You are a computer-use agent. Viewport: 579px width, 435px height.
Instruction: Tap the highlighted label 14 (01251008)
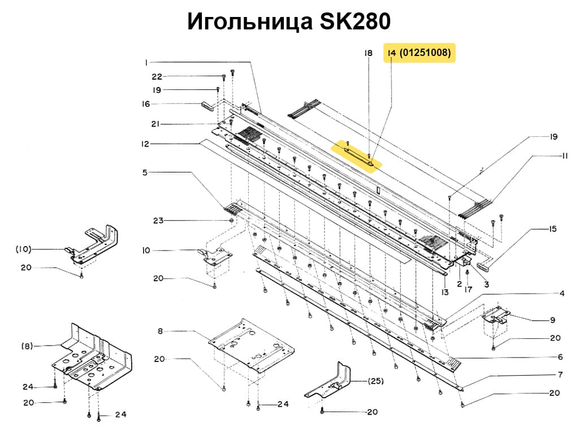coord(419,53)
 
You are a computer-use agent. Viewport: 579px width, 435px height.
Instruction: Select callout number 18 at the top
coord(368,53)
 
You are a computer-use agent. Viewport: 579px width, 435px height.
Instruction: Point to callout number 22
coord(157,76)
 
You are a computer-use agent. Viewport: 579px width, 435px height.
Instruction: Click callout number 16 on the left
coord(146,104)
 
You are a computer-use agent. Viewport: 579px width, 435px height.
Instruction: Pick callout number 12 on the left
coord(146,144)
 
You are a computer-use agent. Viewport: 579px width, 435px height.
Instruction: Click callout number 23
coord(157,220)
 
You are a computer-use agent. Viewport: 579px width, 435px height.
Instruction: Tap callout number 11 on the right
coord(564,156)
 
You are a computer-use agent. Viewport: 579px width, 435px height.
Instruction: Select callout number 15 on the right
coord(552,229)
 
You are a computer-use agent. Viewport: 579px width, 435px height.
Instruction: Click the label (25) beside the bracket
coord(376,380)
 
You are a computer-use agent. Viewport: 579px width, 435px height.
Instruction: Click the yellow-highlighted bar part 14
coord(360,153)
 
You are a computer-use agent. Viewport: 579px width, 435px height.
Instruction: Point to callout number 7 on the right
coord(560,374)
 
